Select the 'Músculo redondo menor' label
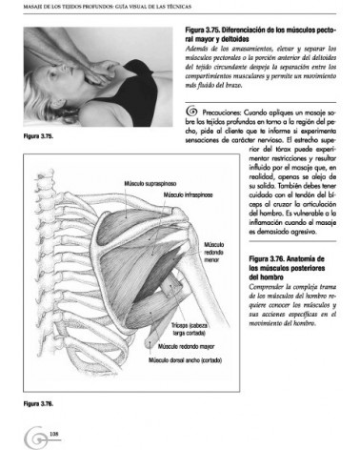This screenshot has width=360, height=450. tap(212, 250)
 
